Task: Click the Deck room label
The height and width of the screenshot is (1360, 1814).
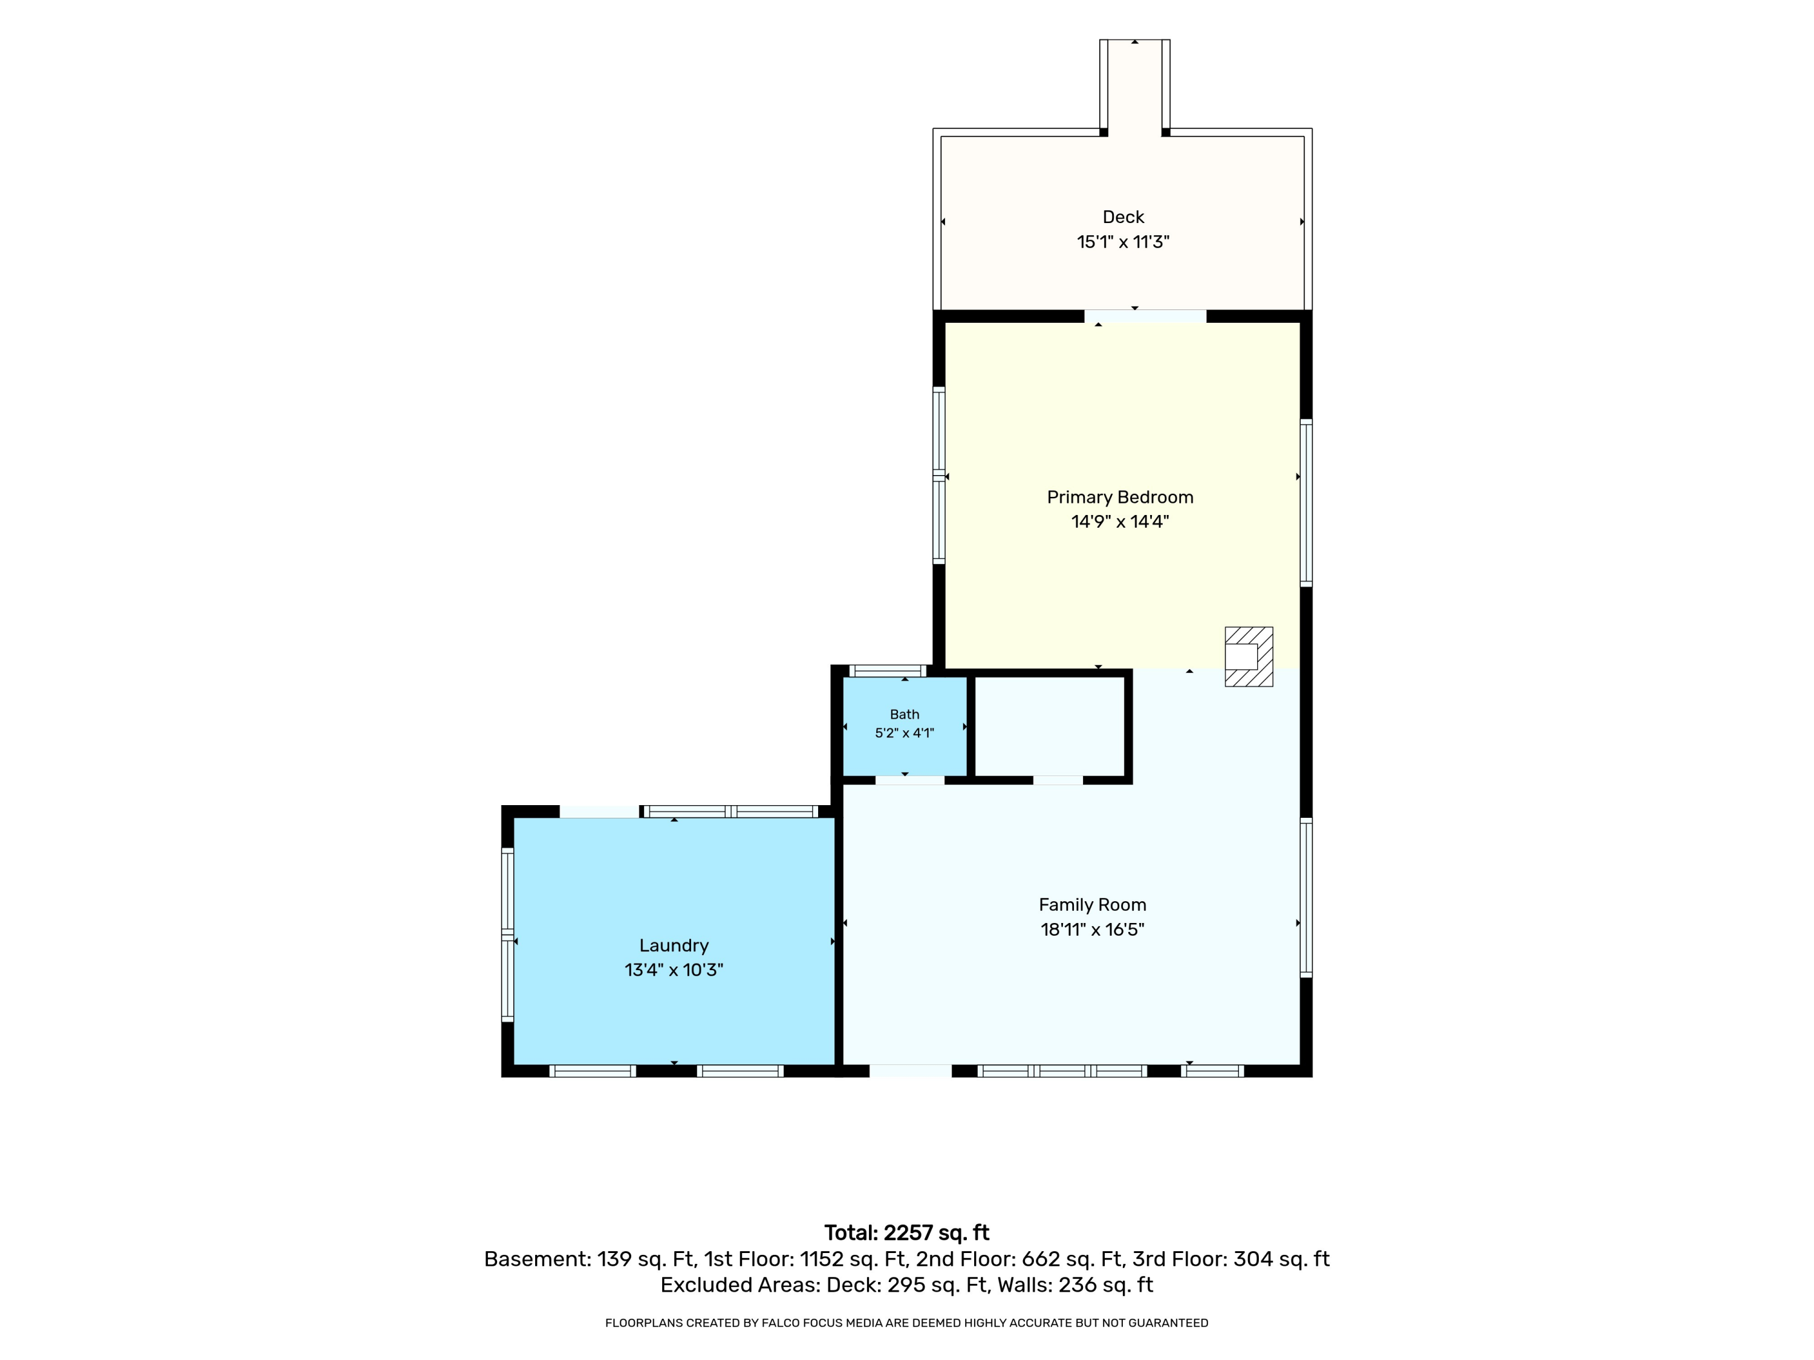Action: tap(1123, 217)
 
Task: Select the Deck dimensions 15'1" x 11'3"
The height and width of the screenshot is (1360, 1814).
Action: tap(1123, 242)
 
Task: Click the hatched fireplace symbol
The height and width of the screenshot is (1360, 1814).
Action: tap(1248, 656)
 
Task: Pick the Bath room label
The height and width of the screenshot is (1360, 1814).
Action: tap(905, 715)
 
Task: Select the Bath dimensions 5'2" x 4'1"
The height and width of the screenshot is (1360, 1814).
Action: tap(905, 733)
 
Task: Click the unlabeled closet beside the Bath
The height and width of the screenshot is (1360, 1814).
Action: tap(1049, 727)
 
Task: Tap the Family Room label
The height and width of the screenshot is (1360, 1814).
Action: tap(1093, 905)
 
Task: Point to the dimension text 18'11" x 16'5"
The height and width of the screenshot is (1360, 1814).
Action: tap(1093, 930)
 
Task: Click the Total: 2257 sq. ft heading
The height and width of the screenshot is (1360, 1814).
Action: tap(906, 1233)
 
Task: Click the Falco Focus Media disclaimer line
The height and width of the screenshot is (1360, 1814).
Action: tap(906, 1323)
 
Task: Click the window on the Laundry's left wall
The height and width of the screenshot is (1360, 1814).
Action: tap(508, 934)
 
